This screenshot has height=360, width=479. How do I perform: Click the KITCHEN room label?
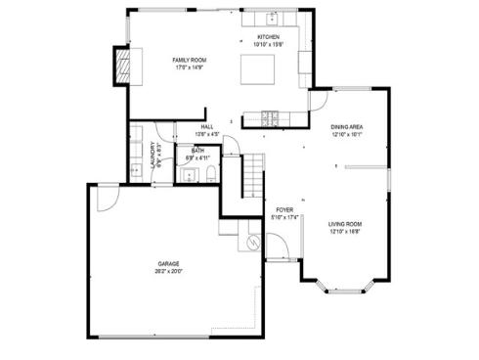[x=267, y=37]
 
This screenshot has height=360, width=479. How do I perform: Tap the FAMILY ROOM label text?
[x=190, y=61]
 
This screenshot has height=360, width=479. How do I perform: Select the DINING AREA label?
[x=347, y=127]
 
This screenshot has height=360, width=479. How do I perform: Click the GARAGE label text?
[x=169, y=264]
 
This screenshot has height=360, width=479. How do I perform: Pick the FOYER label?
[x=284, y=210]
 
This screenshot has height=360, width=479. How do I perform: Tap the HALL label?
[x=207, y=127]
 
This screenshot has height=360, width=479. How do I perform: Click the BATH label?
[x=198, y=151]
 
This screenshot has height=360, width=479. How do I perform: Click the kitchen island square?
[x=259, y=68]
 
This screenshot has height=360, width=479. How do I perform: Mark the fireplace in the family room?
[x=124, y=66]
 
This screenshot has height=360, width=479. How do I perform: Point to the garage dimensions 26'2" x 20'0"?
[x=169, y=271]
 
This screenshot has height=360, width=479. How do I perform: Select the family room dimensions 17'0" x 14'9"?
[x=190, y=67]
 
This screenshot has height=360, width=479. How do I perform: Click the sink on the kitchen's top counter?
[x=271, y=18]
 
